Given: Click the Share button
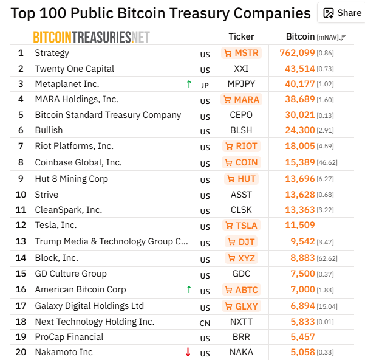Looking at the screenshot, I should coord(343,13).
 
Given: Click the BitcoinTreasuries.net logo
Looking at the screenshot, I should coord(91,37).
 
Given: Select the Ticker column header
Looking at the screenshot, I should coord(241,36).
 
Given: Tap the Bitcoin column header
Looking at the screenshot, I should coord(301,36).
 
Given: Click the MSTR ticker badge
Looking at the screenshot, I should coord(241,53).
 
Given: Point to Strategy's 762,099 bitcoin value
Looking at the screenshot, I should coord(297,53).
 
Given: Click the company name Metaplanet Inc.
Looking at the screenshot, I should coord(67,84).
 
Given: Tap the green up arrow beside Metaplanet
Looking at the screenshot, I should coord(189,84).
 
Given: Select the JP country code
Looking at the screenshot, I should coord(205,85).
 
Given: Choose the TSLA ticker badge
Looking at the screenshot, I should coord(241,226).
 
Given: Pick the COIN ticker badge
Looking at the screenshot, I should coord(241,162).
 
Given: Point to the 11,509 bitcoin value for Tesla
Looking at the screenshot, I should coord(300,226).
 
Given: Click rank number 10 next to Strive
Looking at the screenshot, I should coord(21,195).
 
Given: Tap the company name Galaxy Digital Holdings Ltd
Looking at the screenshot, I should coord(89,306).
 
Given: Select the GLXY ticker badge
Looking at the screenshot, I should coord(241,306).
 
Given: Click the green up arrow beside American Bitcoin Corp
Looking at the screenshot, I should coord(189,289).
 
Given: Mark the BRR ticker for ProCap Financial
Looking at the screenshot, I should coord(241,337).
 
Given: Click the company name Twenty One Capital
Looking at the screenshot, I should coord(74,69).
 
